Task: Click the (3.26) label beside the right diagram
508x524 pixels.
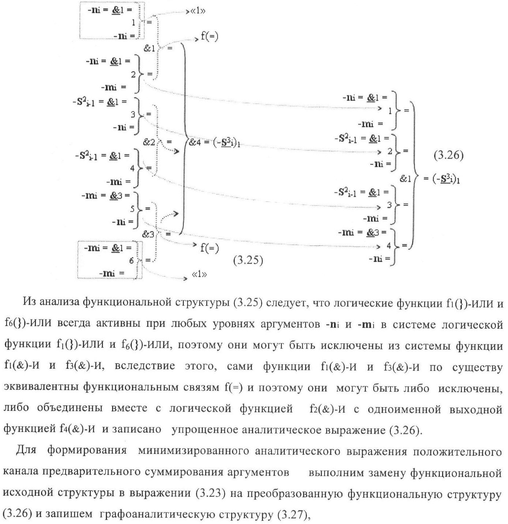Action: pos(449,155)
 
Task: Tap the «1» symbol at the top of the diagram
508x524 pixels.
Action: pos(198,11)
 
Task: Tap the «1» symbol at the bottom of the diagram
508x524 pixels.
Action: pos(199,274)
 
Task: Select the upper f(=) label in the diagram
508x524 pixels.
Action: pos(209,36)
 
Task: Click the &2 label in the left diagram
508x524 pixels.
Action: pos(149,143)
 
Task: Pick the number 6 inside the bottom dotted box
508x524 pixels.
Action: pos(131,261)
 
